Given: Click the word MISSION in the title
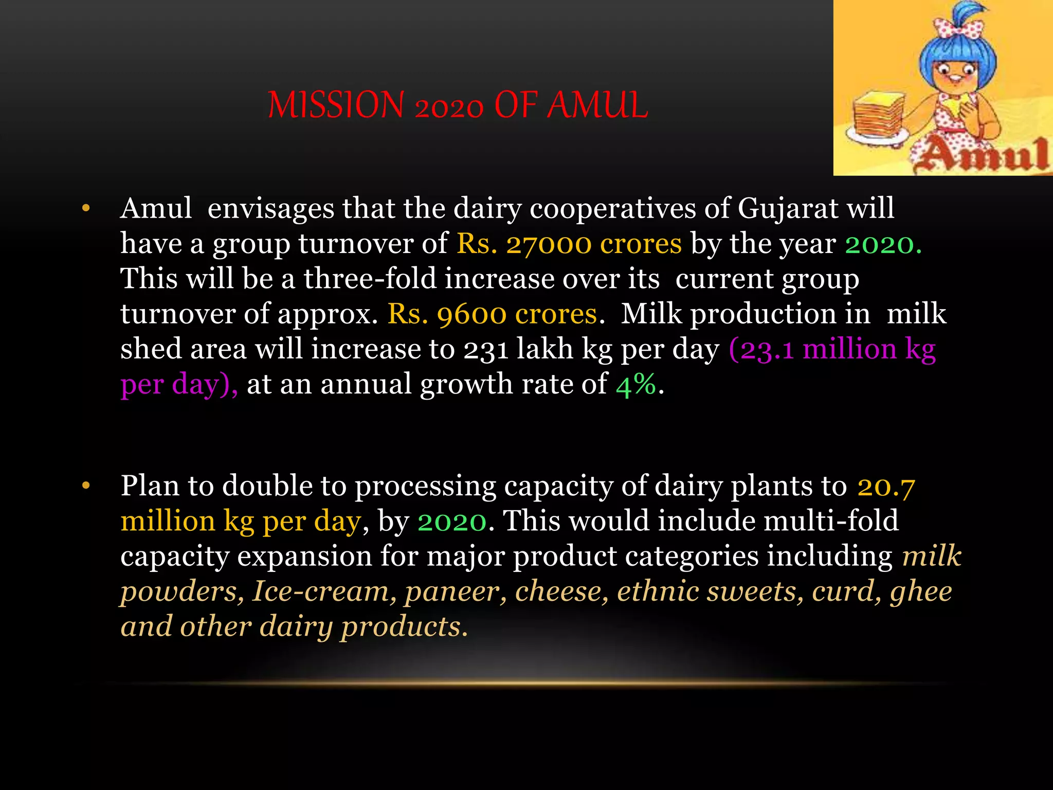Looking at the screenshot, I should tap(336, 105).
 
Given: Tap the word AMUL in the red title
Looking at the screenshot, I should tap(597, 105).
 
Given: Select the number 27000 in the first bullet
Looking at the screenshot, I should tap(549, 244).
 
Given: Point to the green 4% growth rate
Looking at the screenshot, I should tap(636, 385).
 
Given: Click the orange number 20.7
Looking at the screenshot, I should tap(886, 486).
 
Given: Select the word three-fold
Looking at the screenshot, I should tap(370, 279).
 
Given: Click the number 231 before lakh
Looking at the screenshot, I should tap(486, 350).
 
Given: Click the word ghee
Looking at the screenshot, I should tap(921, 591).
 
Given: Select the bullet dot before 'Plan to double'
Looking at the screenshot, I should tap(86, 486).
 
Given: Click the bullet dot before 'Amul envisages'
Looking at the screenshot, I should tap(86, 209).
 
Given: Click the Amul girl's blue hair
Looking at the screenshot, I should tap(956, 51).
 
